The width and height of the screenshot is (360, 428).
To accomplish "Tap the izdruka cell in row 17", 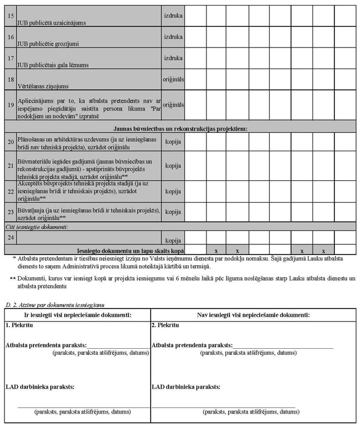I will (x=173, y=57).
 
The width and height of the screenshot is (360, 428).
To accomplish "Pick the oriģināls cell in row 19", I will (x=173, y=104).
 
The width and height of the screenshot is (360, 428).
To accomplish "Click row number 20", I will (x=11, y=142).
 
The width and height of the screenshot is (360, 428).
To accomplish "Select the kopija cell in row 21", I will (x=173, y=166).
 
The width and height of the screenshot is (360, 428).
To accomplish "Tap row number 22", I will (x=11, y=191).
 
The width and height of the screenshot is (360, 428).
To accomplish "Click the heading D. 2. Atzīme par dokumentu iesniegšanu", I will (x=55, y=305).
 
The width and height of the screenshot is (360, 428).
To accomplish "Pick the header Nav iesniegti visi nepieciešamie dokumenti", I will (x=253, y=315).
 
